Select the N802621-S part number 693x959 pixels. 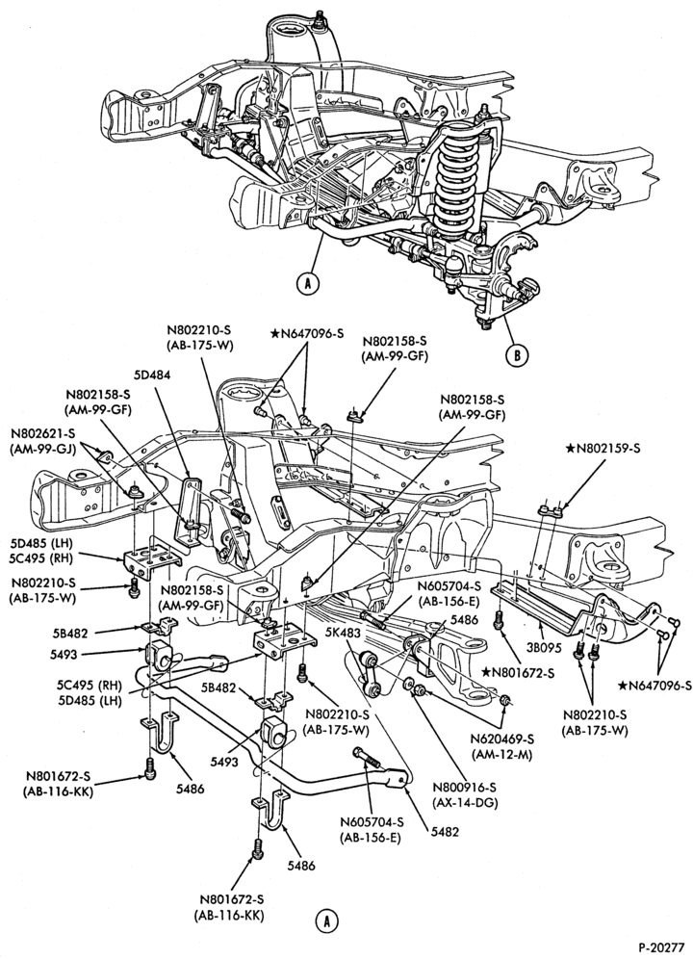(x=41, y=433)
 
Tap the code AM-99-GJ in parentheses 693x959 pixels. (x=41, y=448)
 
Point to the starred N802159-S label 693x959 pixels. (x=603, y=449)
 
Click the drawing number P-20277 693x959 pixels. (x=661, y=947)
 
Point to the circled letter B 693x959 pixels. (x=517, y=354)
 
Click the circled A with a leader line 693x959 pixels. (x=308, y=282)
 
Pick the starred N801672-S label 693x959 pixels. (x=518, y=673)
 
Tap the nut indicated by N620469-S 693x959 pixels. (x=505, y=700)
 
